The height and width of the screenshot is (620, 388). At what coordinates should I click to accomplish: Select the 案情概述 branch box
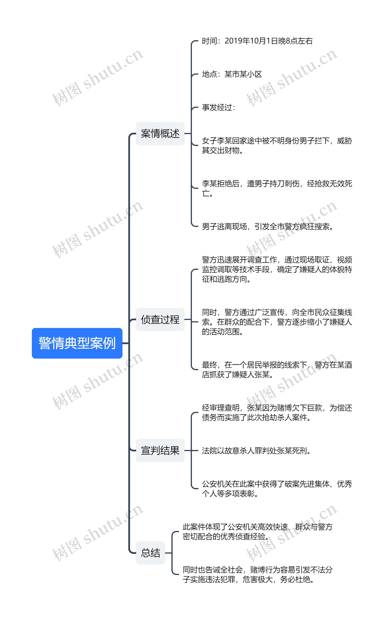[160, 133]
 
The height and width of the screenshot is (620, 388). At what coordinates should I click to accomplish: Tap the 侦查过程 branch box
[160, 319]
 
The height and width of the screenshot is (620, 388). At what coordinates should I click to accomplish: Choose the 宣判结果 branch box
[160, 451]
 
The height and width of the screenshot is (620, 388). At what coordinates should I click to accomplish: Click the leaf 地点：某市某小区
[232, 74]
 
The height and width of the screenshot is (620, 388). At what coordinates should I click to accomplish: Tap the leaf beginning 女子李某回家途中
[277, 145]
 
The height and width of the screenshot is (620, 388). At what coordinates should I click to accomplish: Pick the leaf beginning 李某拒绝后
[277, 188]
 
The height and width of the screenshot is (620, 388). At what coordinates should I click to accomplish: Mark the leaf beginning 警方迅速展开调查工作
[277, 269]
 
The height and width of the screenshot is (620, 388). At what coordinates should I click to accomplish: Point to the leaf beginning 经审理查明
[277, 412]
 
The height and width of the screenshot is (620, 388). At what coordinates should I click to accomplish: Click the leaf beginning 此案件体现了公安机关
[257, 532]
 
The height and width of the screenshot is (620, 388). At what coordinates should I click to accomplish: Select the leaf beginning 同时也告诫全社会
[257, 574]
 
